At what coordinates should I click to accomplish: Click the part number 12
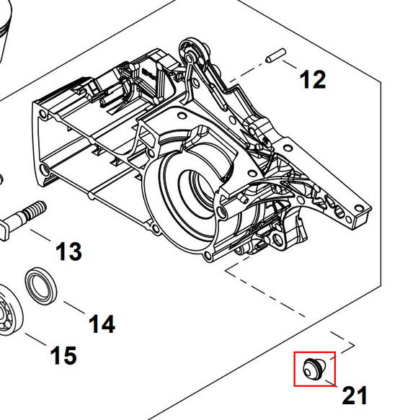click(312, 79)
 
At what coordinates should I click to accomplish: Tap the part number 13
click(68, 252)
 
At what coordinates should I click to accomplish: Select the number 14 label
click(102, 323)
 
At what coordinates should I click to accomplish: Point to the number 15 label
click(63, 354)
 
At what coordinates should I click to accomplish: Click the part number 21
click(354, 395)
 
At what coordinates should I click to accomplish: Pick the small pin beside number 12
click(275, 54)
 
